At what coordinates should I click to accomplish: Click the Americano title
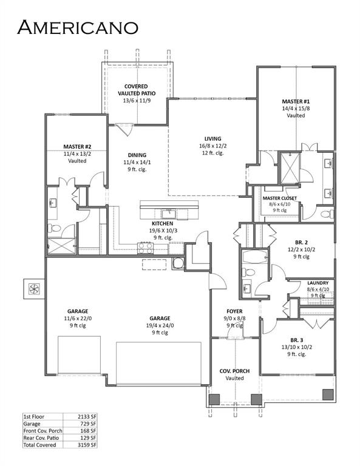coord(78,27)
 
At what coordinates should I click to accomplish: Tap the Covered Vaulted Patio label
coord(140,90)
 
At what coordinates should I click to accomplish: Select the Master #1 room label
coord(296,101)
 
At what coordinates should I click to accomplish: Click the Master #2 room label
coord(77,146)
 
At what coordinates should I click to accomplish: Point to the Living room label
coord(212,138)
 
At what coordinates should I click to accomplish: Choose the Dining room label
coord(137,155)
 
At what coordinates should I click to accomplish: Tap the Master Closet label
coord(279,198)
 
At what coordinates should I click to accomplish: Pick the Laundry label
coord(318,283)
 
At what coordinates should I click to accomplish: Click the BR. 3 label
coord(297,340)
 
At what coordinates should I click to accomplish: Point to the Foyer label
coord(234,311)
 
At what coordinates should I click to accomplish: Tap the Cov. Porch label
coord(234,370)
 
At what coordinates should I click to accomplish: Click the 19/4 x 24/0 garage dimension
coord(160,325)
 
